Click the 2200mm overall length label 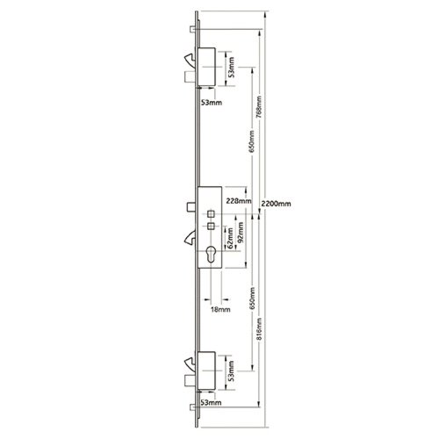pos(276,203)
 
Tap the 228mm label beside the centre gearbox pos(238,202)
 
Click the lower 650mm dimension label pos(252,303)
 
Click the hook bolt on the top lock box pos(191,61)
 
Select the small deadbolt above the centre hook pos(191,207)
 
